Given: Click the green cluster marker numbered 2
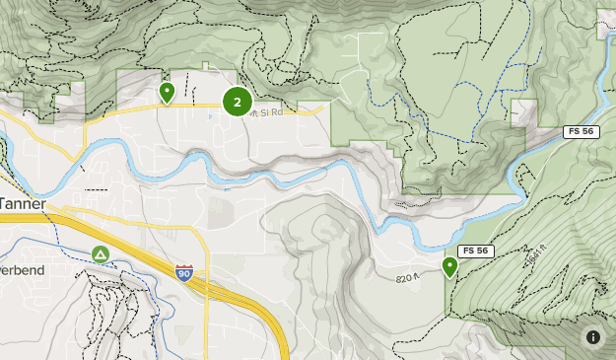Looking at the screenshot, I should pyautogui.click(x=237, y=102).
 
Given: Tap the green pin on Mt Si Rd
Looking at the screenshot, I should pyautogui.click(x=167, y=93).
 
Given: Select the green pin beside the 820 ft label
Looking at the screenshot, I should pyautogui.click(x=450, y=266).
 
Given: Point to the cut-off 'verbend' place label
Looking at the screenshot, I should pyautogui.click(x=22, y=269).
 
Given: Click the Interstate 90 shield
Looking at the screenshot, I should pyautogui.click(x=183, y=273).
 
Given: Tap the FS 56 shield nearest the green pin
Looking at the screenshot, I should pyautogui.click(x=474, y=252).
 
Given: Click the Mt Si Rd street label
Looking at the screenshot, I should pyautogui.click(x=265, y=112).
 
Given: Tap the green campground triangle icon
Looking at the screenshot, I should pyautogui.click(x=101, y=254).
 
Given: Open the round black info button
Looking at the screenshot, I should pyautogui.click(x=592, y=336).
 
